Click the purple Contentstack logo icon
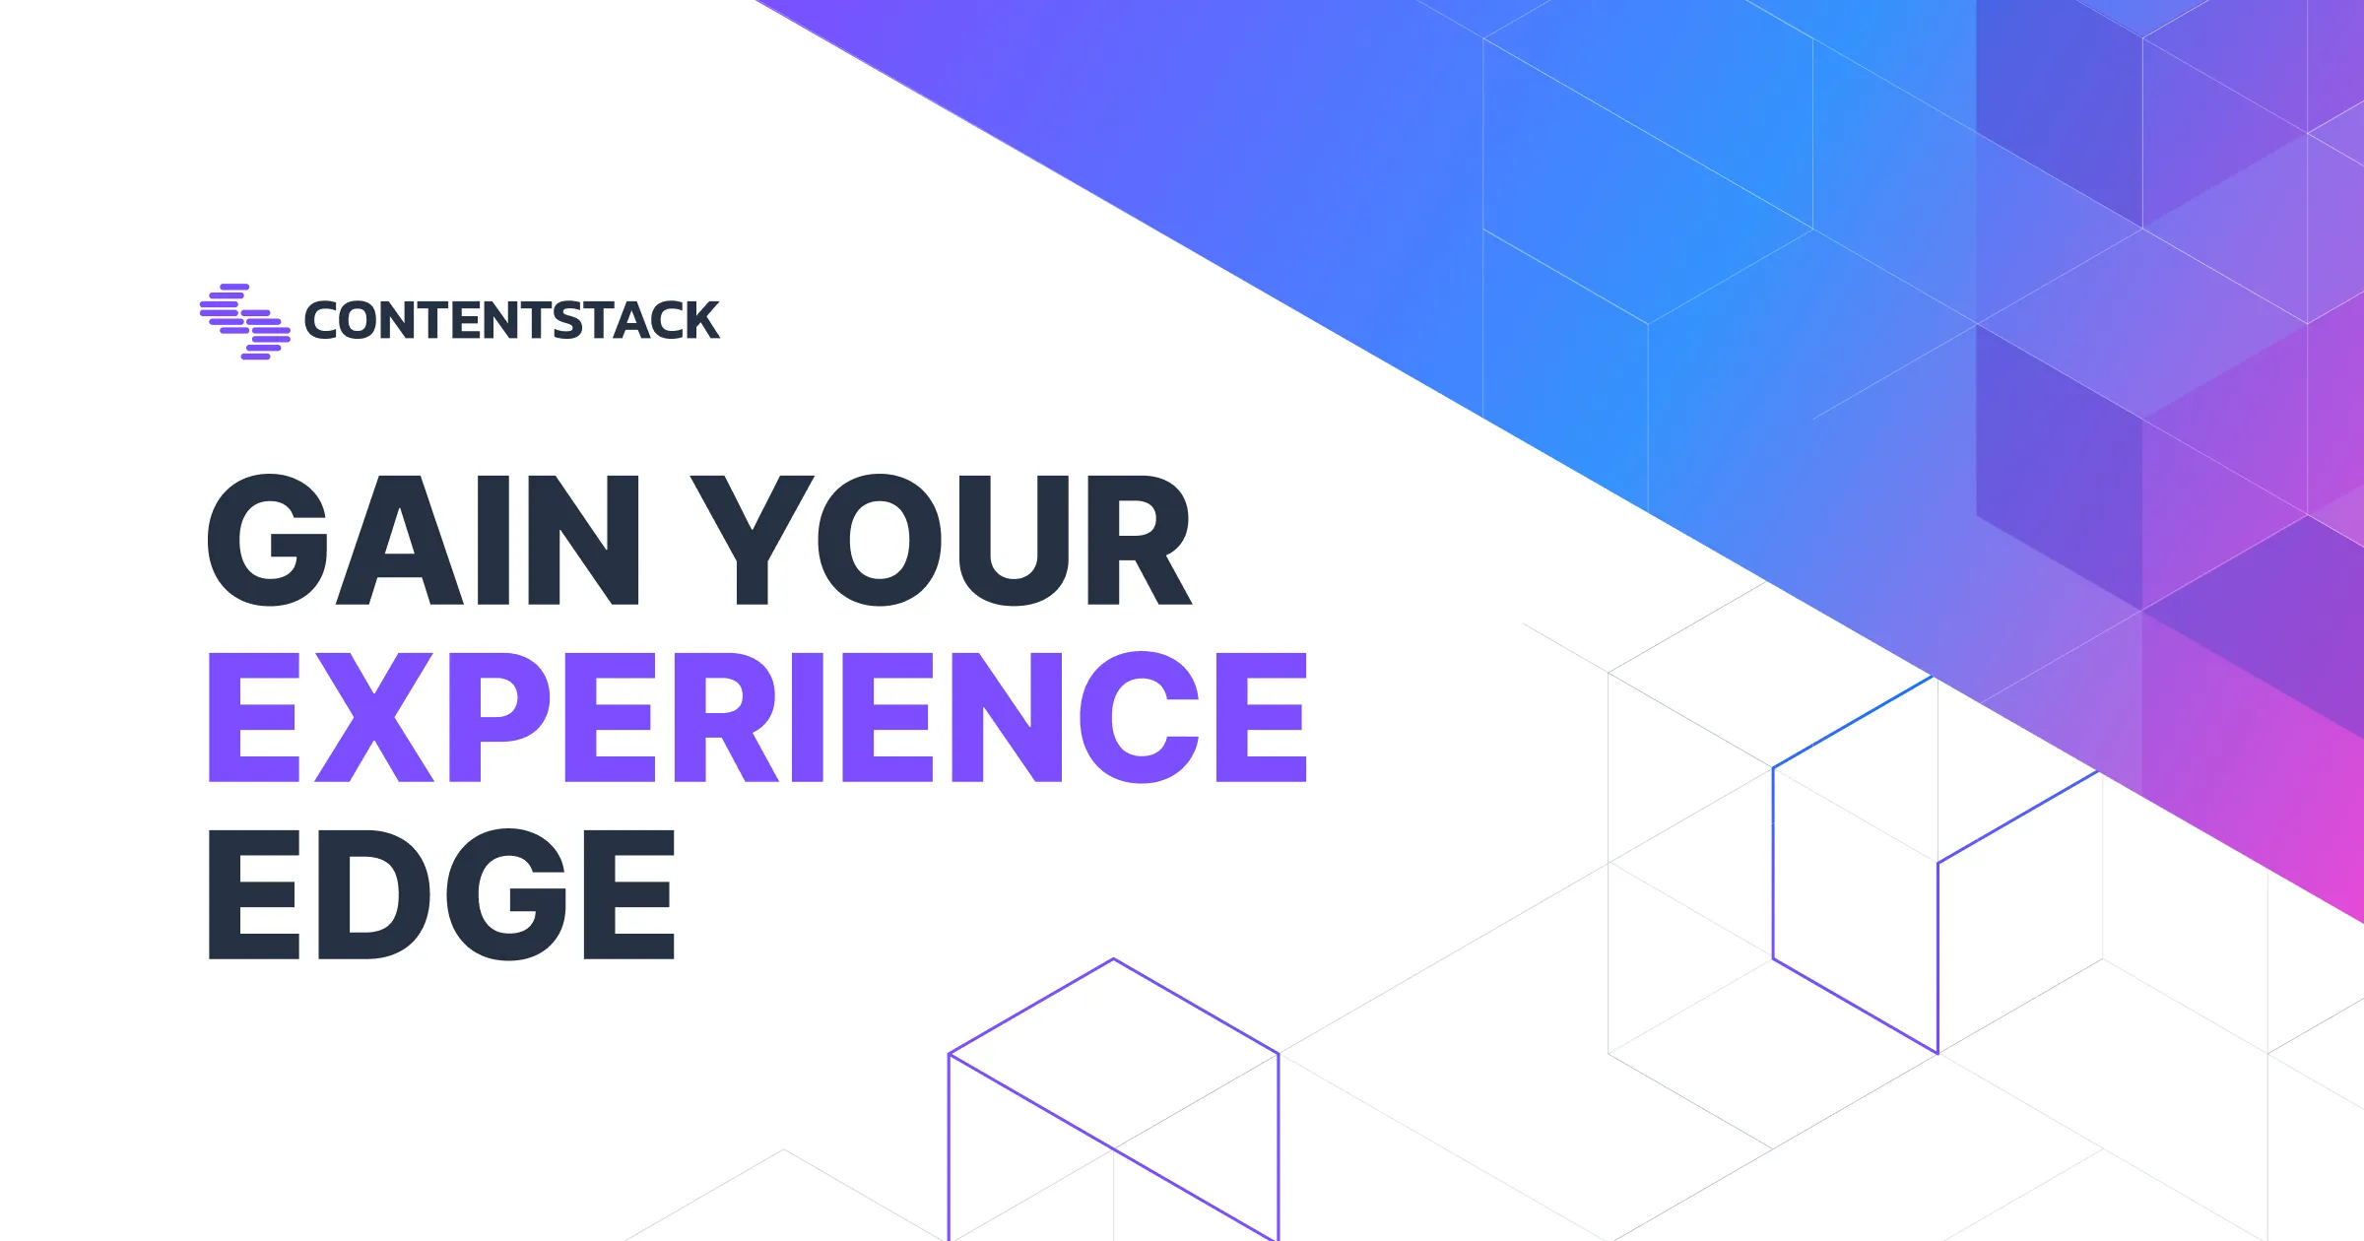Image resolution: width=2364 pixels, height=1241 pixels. (x=245, y=321)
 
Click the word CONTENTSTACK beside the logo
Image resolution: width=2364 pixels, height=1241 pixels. (x=512, y=321)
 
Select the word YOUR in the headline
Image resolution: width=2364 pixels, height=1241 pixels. (x=941, y=540)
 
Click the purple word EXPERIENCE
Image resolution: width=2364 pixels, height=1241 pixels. (x=757, y=717)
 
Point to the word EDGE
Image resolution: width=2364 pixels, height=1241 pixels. (x=441, y=893)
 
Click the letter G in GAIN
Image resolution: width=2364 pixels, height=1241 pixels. (x=267, y=540)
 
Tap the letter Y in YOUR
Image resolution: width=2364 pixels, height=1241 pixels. (x=752, y=540)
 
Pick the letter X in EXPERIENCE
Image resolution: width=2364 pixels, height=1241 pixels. (x=374, y=717)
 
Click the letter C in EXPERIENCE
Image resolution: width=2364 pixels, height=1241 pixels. (x=1140, y=717)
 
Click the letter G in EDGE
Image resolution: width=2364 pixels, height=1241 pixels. (x=506, y=893)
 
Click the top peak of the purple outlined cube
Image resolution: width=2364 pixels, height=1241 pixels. (x=1113, y=958)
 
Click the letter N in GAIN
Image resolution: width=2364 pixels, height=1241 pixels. (x=584, y=540)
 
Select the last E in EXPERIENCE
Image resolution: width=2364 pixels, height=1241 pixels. (x=1262, y=717)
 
